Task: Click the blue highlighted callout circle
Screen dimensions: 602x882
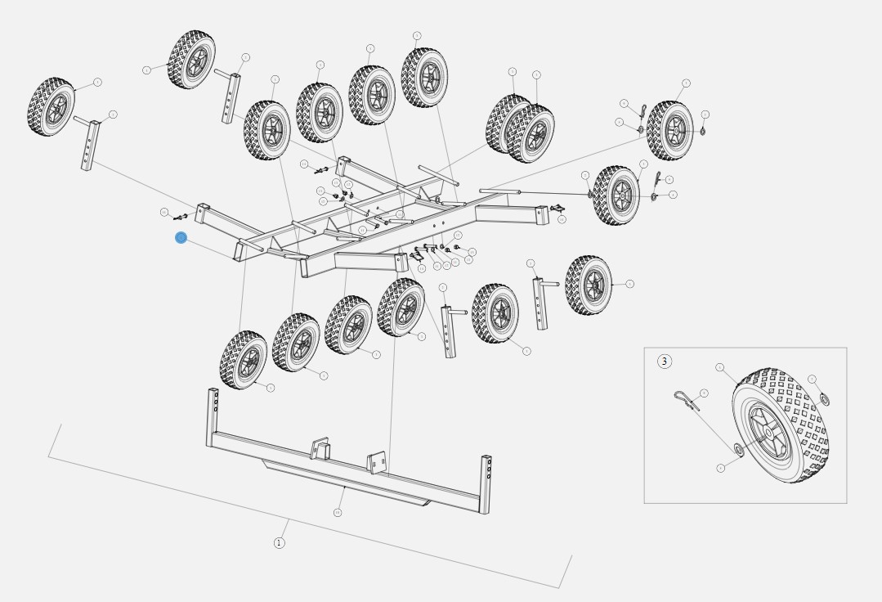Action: [x=181, y=238]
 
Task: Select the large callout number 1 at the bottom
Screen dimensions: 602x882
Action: [x=279, y=542]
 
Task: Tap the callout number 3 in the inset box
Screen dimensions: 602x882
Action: [x=664, y=362]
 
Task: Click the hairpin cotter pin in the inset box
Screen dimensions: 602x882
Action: [x=687, y=399]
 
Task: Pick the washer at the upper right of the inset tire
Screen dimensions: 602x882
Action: [x=822, y=399]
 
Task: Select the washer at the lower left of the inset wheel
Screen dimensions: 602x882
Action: [x=738, y=449]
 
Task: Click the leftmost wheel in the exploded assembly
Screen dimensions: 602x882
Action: [x=51, y=107]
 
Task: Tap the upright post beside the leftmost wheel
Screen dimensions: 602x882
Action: [x=88, y=144]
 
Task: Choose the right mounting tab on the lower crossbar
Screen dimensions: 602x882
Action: [x=377, y=462]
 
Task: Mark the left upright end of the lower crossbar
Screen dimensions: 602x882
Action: [x=213, y=414]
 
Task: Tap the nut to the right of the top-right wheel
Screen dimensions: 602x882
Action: [x=702, y=131]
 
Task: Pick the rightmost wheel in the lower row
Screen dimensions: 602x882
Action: [x=589, y=285]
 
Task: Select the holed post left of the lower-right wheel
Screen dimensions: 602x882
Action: [x=540, y=302]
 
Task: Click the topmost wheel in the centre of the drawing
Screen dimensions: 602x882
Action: [x=424, y=77]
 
